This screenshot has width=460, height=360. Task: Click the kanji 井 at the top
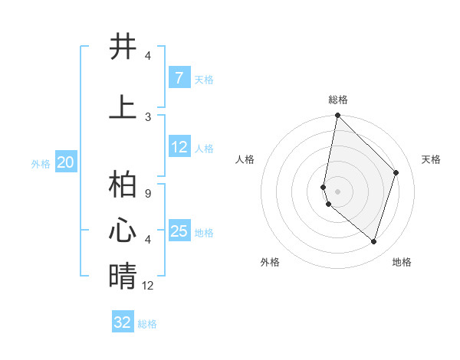coord(123,47)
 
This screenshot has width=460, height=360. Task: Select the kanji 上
coord(123,106)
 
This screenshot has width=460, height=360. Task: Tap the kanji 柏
coord(123,187)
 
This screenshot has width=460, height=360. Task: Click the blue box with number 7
coord(179,77)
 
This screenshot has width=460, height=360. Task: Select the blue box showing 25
coord(179,231)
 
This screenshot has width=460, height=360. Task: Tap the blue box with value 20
coord(66,162)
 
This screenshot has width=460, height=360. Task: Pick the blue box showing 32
coord(123,322)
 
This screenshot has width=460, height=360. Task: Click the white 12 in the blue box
coord(179,147)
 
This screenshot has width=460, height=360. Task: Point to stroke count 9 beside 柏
coord(148,195)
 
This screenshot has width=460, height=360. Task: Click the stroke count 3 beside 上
coord(148,116)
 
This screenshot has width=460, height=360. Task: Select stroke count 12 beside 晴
coord(148,285)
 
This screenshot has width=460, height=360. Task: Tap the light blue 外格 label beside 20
coord(41,163)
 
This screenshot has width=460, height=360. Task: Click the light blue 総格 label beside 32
coord(148,324)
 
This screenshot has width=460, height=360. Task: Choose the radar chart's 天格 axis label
coord(432,159)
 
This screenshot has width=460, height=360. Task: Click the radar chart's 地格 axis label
coord(402,262)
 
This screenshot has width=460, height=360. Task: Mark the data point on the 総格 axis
coord(337,115)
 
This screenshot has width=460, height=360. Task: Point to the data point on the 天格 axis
coord(396,172)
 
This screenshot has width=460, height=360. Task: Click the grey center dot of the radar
coord(337,191)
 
